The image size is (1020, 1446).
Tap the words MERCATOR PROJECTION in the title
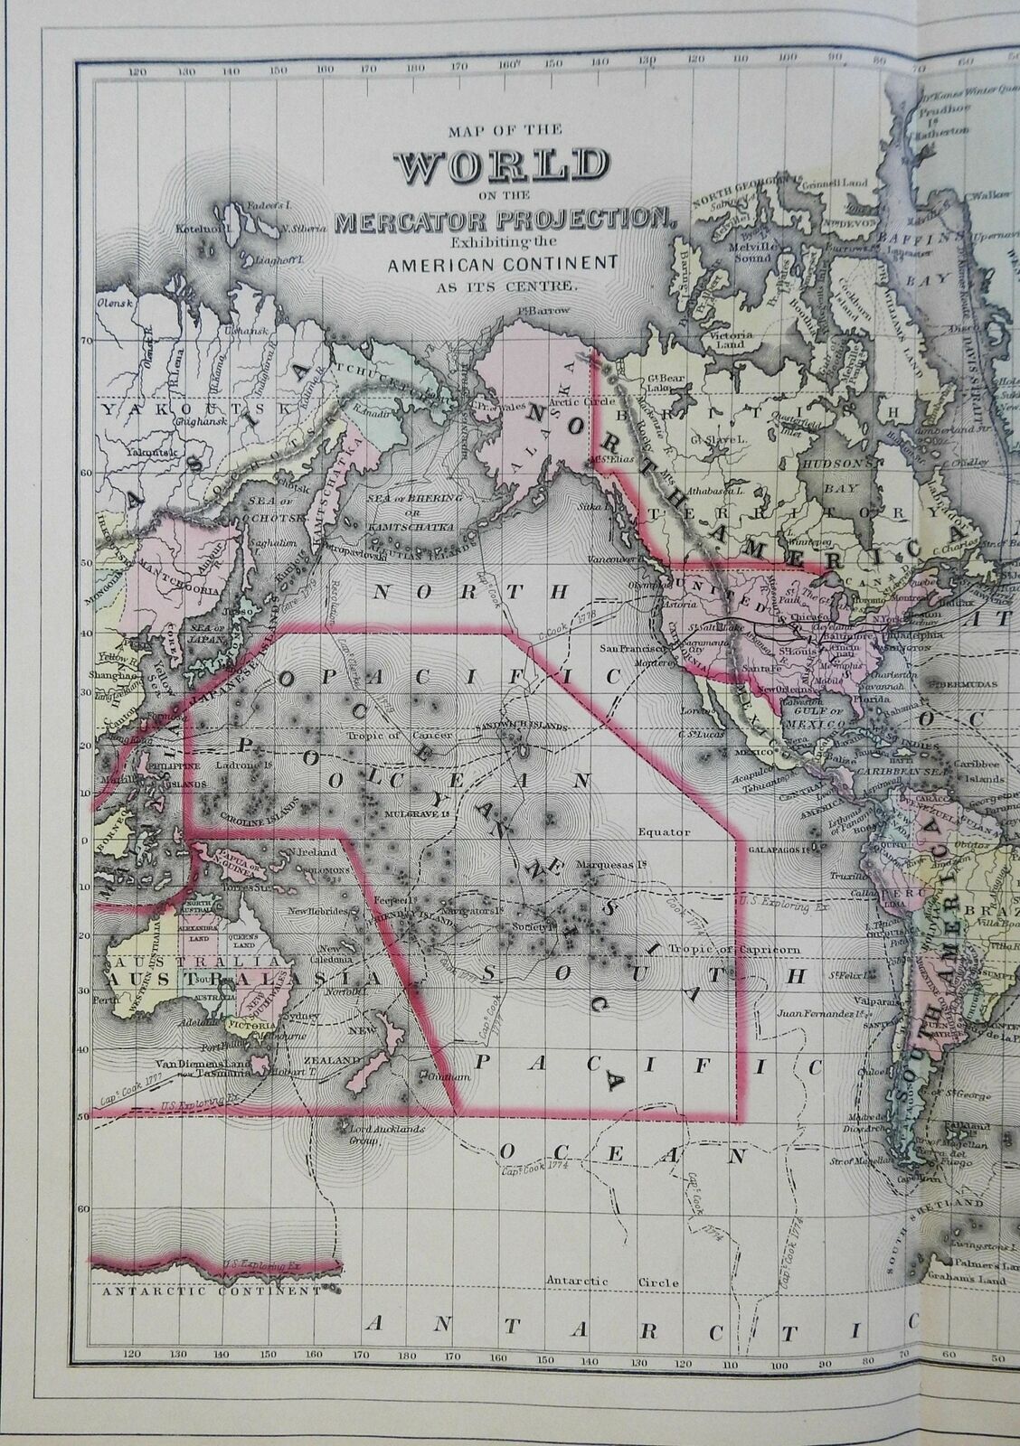504,218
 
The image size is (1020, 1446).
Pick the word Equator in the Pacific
664,831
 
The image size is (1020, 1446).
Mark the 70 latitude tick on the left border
88,341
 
